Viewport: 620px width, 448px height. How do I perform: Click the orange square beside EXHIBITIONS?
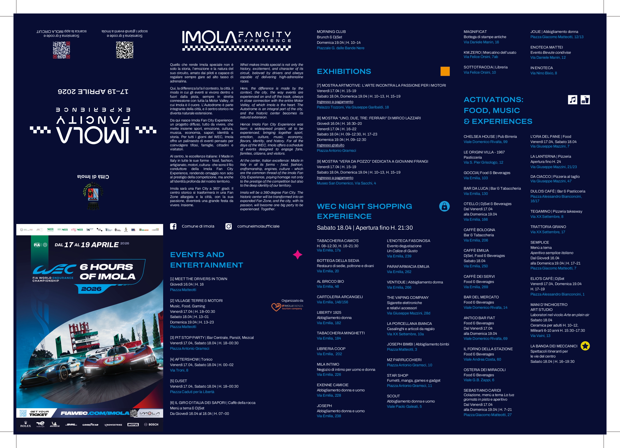445,71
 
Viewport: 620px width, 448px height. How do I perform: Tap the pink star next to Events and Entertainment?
297,255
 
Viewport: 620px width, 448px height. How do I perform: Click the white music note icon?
572,100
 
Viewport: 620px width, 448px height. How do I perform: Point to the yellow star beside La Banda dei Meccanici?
585,346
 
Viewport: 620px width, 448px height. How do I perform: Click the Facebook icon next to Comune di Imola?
173,226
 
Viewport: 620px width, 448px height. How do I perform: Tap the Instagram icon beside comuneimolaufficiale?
229,226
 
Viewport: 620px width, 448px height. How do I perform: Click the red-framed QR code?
62,50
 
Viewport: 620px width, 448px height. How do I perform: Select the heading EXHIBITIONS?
344,72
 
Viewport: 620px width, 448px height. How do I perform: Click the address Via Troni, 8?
179,370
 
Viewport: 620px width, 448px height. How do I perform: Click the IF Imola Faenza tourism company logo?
287,307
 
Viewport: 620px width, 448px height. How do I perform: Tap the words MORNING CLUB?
331,32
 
